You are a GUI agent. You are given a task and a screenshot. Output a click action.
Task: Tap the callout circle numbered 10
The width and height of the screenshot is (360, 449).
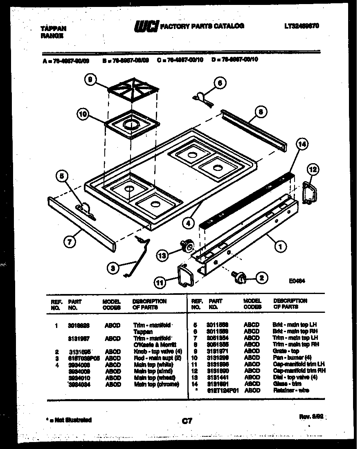tap(83, 115)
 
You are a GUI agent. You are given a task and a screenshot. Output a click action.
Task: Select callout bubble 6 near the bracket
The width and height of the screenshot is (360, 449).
tap(220, 83)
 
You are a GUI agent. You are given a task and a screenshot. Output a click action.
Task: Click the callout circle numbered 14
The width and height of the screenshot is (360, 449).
tap(301, 144)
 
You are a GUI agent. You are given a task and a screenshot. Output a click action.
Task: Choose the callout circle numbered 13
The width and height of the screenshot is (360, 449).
tap(162, 256)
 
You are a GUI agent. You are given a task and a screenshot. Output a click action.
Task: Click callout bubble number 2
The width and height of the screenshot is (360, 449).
tap(261, 278)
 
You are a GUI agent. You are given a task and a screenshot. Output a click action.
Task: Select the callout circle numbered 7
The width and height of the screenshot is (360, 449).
tap(70, 242)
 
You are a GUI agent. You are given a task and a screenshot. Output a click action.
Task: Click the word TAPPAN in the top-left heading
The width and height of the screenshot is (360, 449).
tap(54, 29)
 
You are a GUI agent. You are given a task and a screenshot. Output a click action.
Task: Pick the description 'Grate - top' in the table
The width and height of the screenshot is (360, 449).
tap(286, 351)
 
